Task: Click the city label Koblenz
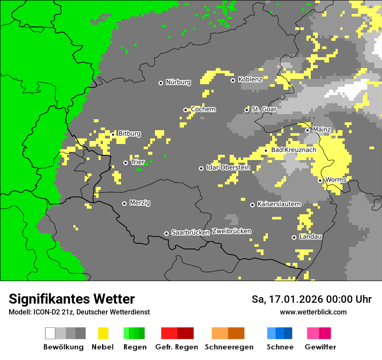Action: pyautogui.click(x=250, y=80)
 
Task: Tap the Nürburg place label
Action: pyautogui.click(x=178, y=82)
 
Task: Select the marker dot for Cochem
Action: pyautogui.click(x=185, y=110)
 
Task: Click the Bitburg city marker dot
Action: pyautogui.click(x=113, y=134)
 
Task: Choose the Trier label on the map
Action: pyautogui.click(x=138, y=162)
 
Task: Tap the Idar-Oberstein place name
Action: pyautogui.click(x=228, y=168)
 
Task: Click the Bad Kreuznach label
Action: pyautogui.click(x=293, y=150)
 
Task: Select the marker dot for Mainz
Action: pyautogui.click(x=307, y=130)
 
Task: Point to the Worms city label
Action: pyautogui.click(x=336, y=180)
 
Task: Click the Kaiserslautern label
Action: pyautogui.click(x=279, y=204)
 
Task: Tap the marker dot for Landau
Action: pyautogui.click(x=294, y=237)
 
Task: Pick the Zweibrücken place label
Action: pyautogui.click(x=231, y=231)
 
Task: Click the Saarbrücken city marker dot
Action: pyautogui.click(x=166, y=233)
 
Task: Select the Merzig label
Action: pyautogui.click(x=140, y=203)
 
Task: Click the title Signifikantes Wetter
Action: pyautogui.click(x=72, y=299)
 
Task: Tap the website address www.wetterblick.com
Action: pyautogui.click(x=313, y=312)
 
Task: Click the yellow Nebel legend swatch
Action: pyautogui.click(x=103, y=333)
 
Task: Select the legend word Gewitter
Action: pyautogui.click(x=320, y=347)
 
